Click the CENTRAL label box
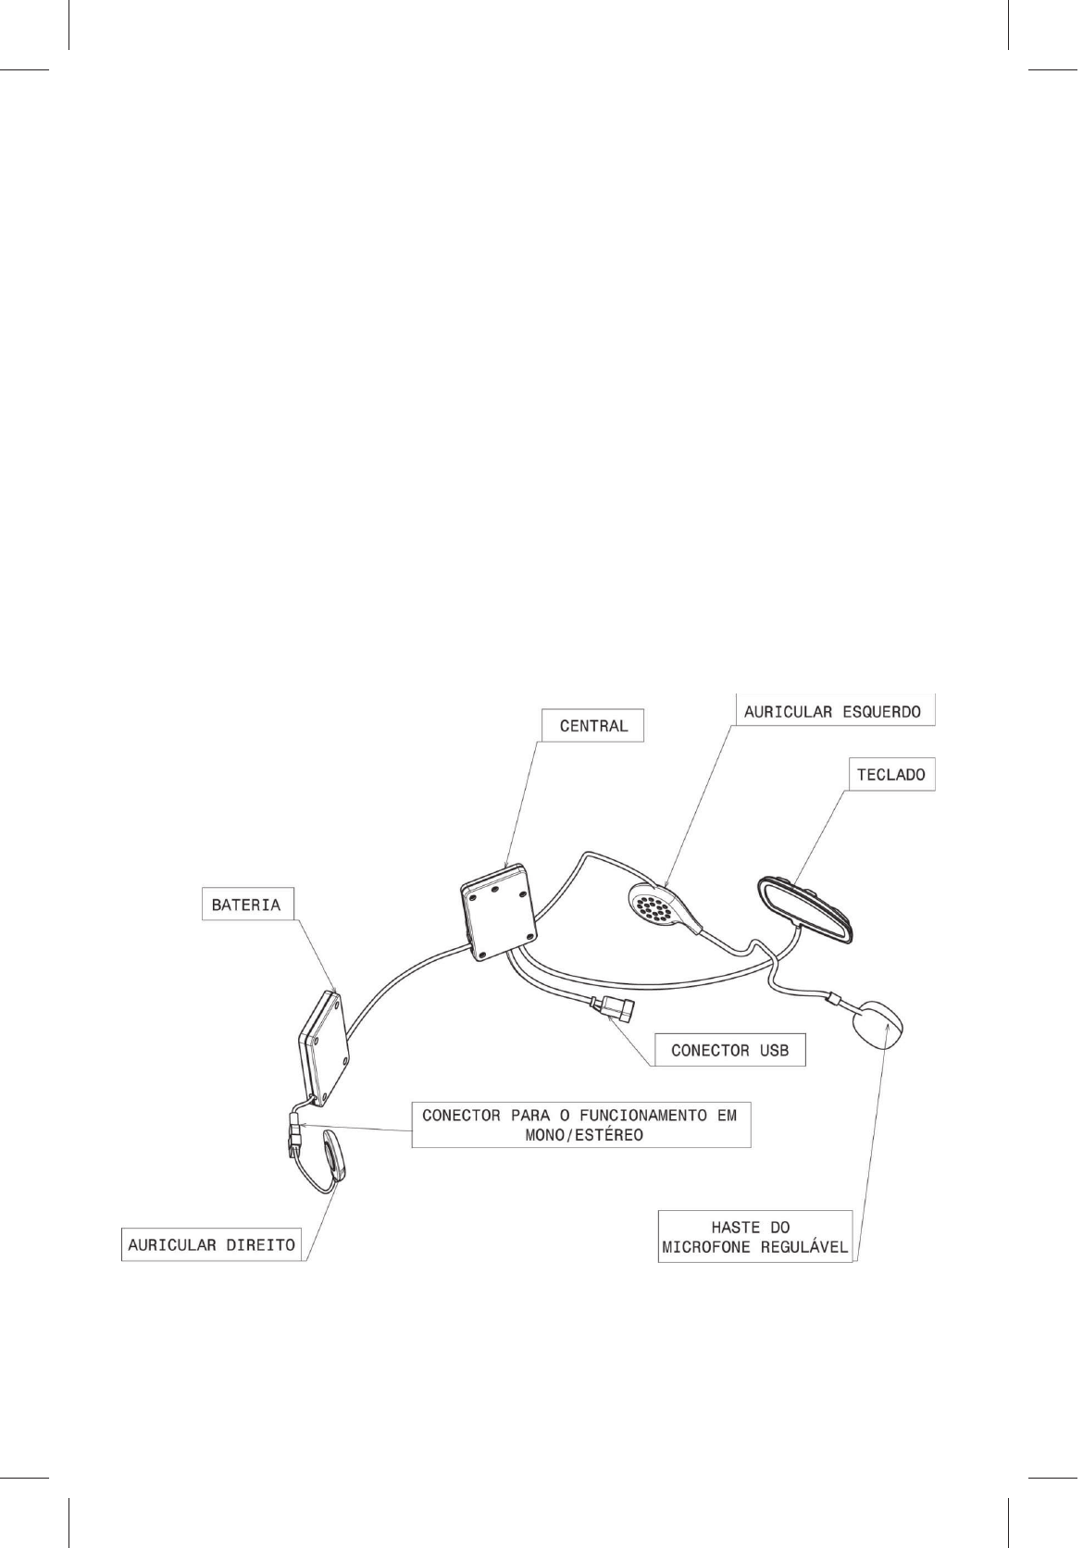592,726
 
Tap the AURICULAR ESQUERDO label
832,712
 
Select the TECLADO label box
890,774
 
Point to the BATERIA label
246,905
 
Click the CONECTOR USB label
729,1050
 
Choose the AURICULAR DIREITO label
212,1244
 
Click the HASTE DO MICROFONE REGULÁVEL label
755,1236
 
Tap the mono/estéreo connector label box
580,1125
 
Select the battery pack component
325,1049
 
